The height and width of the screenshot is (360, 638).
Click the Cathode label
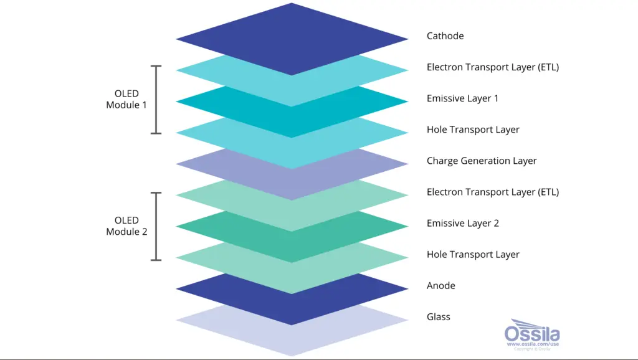pos(445,36)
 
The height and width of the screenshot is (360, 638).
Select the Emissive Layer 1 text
pos(463,98)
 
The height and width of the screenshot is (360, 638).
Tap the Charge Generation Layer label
pos(482,161)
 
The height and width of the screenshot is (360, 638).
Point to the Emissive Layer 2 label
pos(463,224)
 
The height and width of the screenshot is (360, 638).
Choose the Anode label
pos(441,285)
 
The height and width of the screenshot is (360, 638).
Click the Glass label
pos(438,317)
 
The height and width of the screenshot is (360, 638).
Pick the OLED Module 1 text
pos(126,99)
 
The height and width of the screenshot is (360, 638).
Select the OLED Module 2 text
pos(126,225)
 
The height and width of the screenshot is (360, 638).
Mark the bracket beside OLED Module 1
pos(156,100)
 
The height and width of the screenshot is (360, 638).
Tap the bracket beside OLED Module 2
pos(156,226)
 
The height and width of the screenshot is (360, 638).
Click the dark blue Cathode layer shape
pos(292,39)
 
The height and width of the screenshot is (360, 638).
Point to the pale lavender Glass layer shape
pos(292,338)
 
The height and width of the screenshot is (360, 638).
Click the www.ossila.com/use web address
pos(533,344)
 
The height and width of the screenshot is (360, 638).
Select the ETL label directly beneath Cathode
pos(493,67)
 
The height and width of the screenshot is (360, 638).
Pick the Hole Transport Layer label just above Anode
pos(473,255)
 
